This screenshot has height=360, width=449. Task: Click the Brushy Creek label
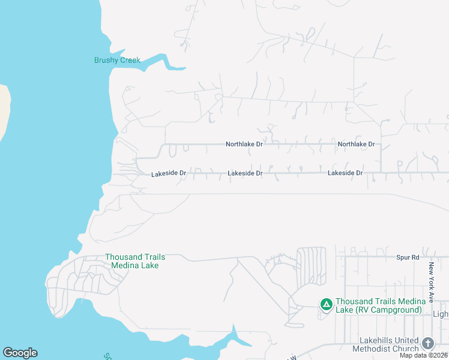point(117,60)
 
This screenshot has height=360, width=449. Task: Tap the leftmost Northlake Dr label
point(244,144)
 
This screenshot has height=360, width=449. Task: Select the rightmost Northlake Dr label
point(356,144)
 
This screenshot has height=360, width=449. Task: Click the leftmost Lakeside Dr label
point(169,173)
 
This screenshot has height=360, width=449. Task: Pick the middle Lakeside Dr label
point(245,173)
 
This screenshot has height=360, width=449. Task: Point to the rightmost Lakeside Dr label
point(345,173)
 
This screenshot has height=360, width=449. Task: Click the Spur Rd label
point(407,257)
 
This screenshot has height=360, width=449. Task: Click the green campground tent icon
point(326,305)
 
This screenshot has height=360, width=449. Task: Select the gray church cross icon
point(427,343)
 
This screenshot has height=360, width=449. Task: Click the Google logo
point(20,353)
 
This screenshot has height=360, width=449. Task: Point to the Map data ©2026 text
point(423,355)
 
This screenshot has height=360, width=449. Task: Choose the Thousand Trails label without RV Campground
point(135,261)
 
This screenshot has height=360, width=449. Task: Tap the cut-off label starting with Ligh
point(441,314)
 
